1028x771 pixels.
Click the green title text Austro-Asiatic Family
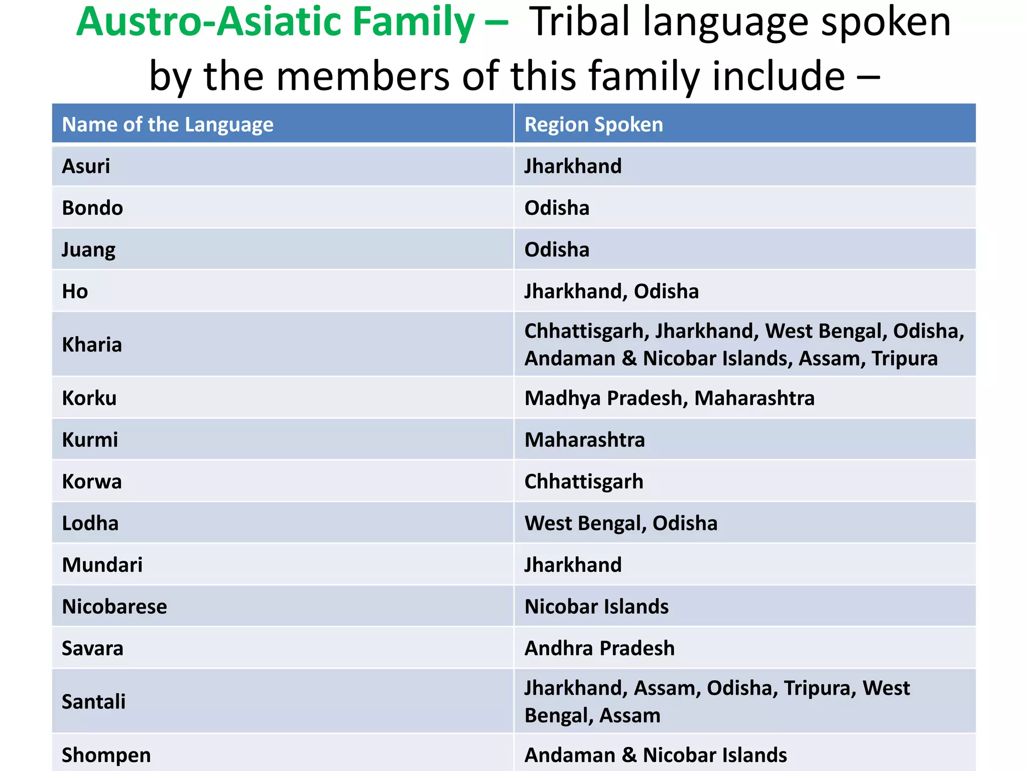click(275, 22)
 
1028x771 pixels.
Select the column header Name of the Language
click(167, 124)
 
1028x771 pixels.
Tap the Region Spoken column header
click(593, 124)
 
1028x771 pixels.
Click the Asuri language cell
click(86, 166)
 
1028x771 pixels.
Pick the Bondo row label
click(92, 208)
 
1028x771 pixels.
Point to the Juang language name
click(88, 249)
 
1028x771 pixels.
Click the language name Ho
click(75, 291)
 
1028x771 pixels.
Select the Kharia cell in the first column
click(92, 345)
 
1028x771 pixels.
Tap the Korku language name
click(89, 398)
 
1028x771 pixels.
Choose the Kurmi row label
click(90, 440)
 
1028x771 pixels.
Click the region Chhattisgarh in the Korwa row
click(583, 481)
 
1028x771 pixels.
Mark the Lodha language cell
click(90, 523)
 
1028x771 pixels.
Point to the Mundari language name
click(102, 565)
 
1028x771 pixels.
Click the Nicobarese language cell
click(114, 606)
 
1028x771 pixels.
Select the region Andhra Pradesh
click(599, 648)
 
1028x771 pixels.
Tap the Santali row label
click(93, 701)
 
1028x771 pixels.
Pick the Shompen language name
click(106, 755)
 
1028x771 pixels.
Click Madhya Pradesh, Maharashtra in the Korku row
click(669, 398)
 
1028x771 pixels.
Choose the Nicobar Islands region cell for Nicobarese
click(596, 606)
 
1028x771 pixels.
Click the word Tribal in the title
click(579, 22)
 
